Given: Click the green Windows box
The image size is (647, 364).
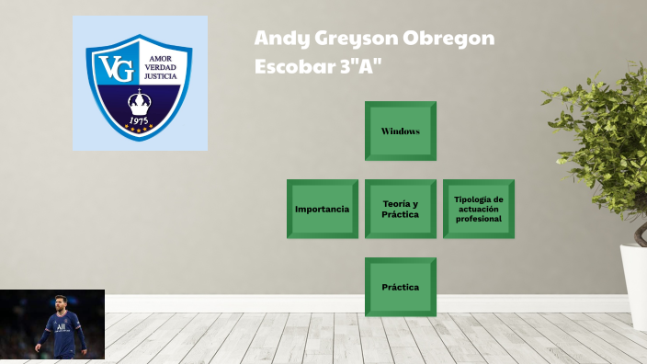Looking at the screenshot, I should point(400,131).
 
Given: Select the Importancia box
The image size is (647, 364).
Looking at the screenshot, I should point(322,210).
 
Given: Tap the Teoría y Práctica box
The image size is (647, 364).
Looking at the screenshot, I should point(400,210).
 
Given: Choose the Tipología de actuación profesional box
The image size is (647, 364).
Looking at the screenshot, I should point(478,210).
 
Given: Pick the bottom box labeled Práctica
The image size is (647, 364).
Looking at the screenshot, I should point(400,288).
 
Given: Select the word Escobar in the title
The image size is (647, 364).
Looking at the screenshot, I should point(291,66).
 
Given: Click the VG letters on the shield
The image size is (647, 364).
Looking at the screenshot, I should point(117,68).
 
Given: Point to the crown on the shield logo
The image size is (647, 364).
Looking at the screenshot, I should point(140,98).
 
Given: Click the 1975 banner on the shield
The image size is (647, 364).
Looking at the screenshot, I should point(140,121).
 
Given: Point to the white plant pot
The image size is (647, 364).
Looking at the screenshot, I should point(635,285).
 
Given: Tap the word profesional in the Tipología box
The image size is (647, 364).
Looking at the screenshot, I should point(479,220).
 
